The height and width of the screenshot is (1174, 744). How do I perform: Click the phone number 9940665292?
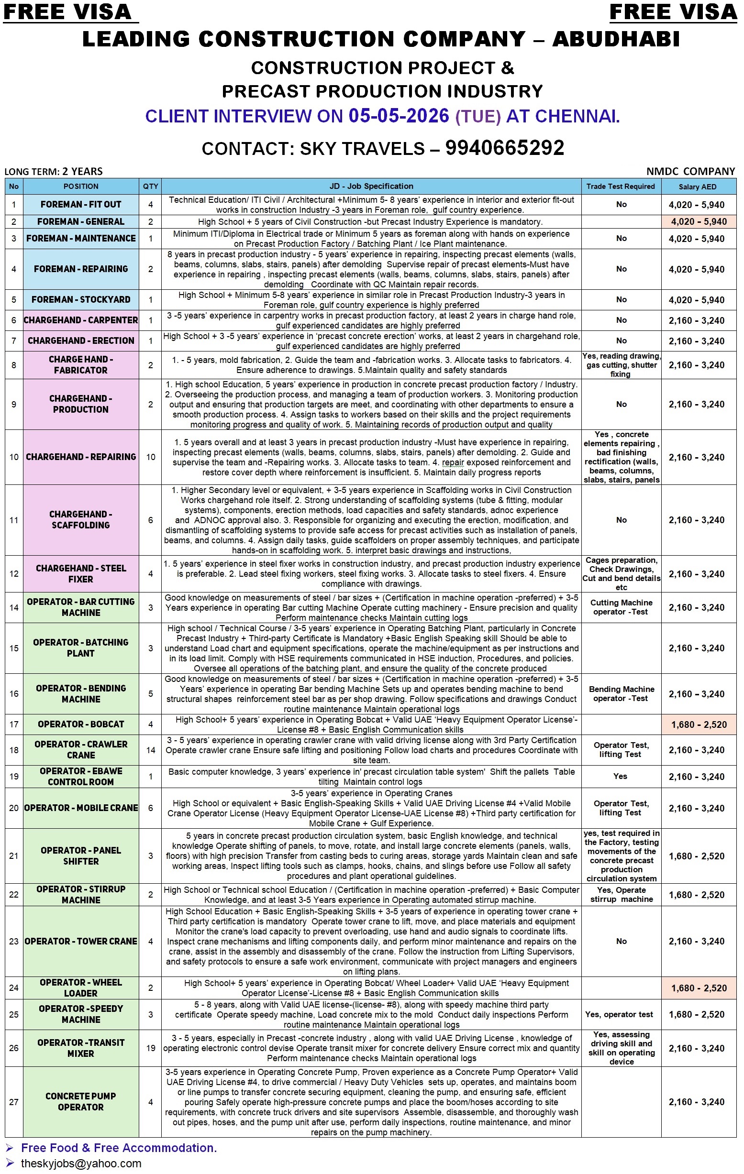pyautogui.click(x=504, y=148)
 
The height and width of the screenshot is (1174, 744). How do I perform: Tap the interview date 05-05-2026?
pyautogui.click(x=399, y=116)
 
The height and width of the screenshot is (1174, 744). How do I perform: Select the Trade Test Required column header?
pyautogui.click(x=621, y=186)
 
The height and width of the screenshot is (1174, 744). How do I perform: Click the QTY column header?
pyautogui.click(x=150, y=186)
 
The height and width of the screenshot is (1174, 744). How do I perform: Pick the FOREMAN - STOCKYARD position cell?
pyautogui.click(x=81, y=299)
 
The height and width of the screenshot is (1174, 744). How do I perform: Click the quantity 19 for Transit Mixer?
pyautogui.click(x=150, y=1048)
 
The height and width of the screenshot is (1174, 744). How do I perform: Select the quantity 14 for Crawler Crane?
pyautogui.click(x=150, y=750)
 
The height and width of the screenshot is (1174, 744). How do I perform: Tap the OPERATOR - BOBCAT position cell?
pyautogui.click(x=81, y=724)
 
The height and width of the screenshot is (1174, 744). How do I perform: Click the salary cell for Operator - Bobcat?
pyautogui.click(x=699, y=724)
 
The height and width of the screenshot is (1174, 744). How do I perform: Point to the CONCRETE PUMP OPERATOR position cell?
pyautogui.click(x=81, y=1101)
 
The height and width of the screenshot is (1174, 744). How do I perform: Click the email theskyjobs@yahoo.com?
pyautogui.click(x=81, y=1163)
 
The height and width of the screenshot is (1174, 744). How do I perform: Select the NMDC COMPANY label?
pyautogui.click(x=690, y=171)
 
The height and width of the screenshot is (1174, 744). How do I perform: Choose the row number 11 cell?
pyautogui.click(x=14, y=520)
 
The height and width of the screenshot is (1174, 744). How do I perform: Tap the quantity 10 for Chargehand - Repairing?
pyautogui.click(x=150, y=457)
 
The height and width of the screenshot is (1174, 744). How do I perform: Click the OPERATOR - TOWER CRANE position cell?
pyautogui.click(x=81, y=941)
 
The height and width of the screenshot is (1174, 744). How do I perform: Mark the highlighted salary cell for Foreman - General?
pyautogui.click(x=699, y=222)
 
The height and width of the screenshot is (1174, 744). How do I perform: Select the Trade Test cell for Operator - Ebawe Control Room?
pyautogui.click(x=621, y=776)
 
